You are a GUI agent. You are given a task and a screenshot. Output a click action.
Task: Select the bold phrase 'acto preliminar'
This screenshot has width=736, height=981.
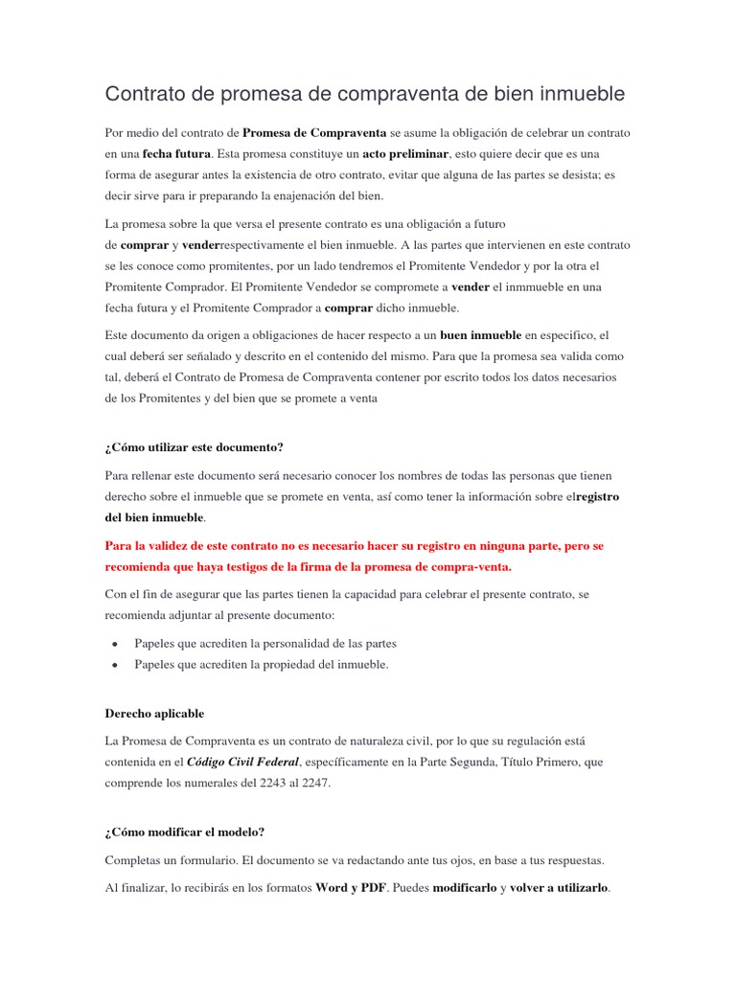pos(406,153)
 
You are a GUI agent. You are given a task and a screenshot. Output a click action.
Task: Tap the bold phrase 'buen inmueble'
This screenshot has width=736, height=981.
pos(480,335)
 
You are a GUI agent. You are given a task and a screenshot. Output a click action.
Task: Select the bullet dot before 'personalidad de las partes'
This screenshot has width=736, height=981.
pos(115,644)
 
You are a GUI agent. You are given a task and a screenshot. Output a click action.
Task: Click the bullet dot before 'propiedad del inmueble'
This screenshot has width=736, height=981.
pos(115,665)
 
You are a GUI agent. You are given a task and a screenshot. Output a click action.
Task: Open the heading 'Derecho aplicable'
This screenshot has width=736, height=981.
pos(154,714)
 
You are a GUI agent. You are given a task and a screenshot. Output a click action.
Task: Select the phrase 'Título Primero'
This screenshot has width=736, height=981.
pos(539,763)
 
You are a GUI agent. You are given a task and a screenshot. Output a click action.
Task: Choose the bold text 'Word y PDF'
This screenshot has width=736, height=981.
pos(351,887)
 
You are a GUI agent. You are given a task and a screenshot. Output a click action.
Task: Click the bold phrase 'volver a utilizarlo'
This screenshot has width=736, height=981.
pos(559,887)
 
